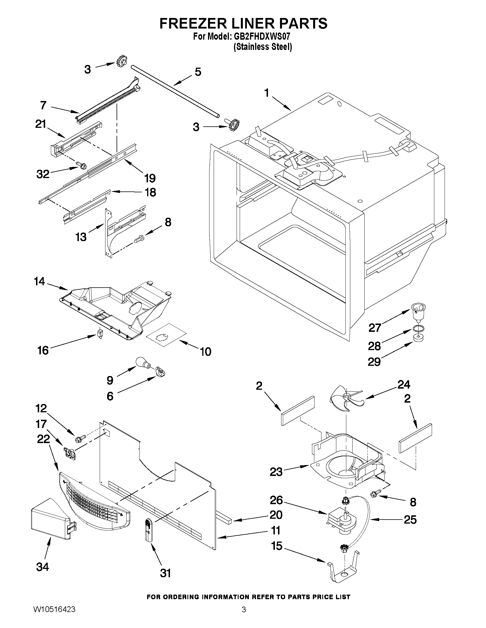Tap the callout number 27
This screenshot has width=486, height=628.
click(x=375, y=328)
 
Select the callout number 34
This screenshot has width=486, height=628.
click(x=43, y=567)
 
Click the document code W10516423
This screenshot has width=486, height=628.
click(x=54, y=617)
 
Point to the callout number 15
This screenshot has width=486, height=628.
click(x=277, y=546)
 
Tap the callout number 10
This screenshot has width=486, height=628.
click(x=205, y=352)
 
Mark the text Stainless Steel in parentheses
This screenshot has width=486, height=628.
click(x=263, y=47)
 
